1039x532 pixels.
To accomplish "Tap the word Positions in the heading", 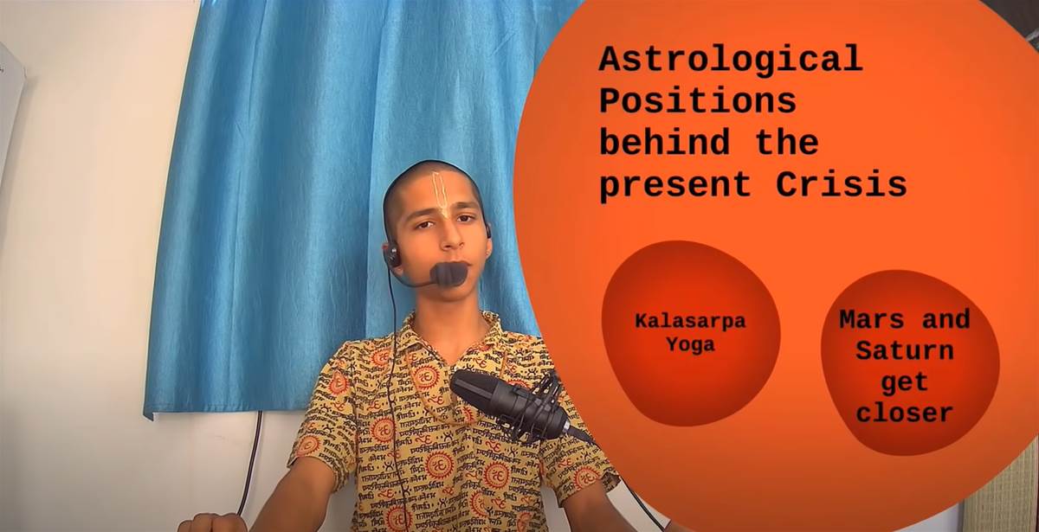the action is pos(698,100).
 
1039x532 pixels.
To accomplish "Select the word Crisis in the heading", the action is pos(842,184).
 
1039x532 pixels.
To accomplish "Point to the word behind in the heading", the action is pos(665,142).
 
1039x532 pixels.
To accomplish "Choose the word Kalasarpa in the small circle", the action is pos(690,322).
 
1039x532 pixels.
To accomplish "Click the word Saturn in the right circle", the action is pos(905,351).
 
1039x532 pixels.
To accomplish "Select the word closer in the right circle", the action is pos(905,413).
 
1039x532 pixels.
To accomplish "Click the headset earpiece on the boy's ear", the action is pos(393,255).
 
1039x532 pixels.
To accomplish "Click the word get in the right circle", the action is pos(905,383).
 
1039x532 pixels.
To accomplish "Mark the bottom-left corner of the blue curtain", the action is pos(145,417).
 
